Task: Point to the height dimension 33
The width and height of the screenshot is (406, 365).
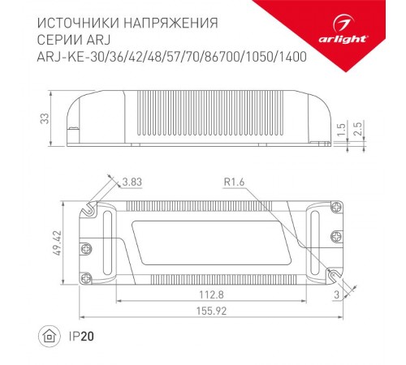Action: [45, 118]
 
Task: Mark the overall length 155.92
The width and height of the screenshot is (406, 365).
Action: [213, 311]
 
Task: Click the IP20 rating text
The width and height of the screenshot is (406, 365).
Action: [78, 334]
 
